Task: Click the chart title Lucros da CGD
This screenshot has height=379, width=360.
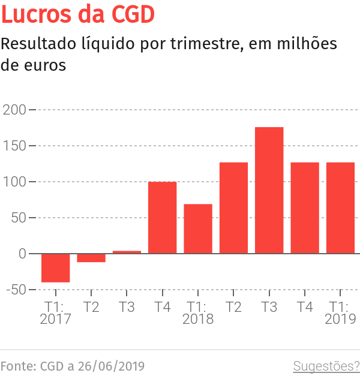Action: click(79, 14)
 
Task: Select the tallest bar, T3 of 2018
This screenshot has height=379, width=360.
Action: click(269, 190)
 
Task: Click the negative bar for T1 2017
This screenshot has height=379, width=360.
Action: click(55, 267)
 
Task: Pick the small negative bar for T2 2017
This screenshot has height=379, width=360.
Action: click(91, 258)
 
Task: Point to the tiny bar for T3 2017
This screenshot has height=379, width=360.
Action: click(127, 252)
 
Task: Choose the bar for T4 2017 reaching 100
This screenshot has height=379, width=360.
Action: click(162, 217)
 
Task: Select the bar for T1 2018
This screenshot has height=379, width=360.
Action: click(198, 228)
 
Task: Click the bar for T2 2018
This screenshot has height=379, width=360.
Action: click(233, 207)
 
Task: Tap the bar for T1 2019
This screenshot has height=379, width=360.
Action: click(340, 207)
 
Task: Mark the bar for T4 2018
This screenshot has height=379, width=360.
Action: click(305, 207)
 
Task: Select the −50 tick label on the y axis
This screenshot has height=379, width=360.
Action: click(14, 290)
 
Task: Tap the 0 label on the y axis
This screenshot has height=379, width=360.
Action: click(22, 254)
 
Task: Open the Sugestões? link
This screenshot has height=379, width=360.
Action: click(326, 366)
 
